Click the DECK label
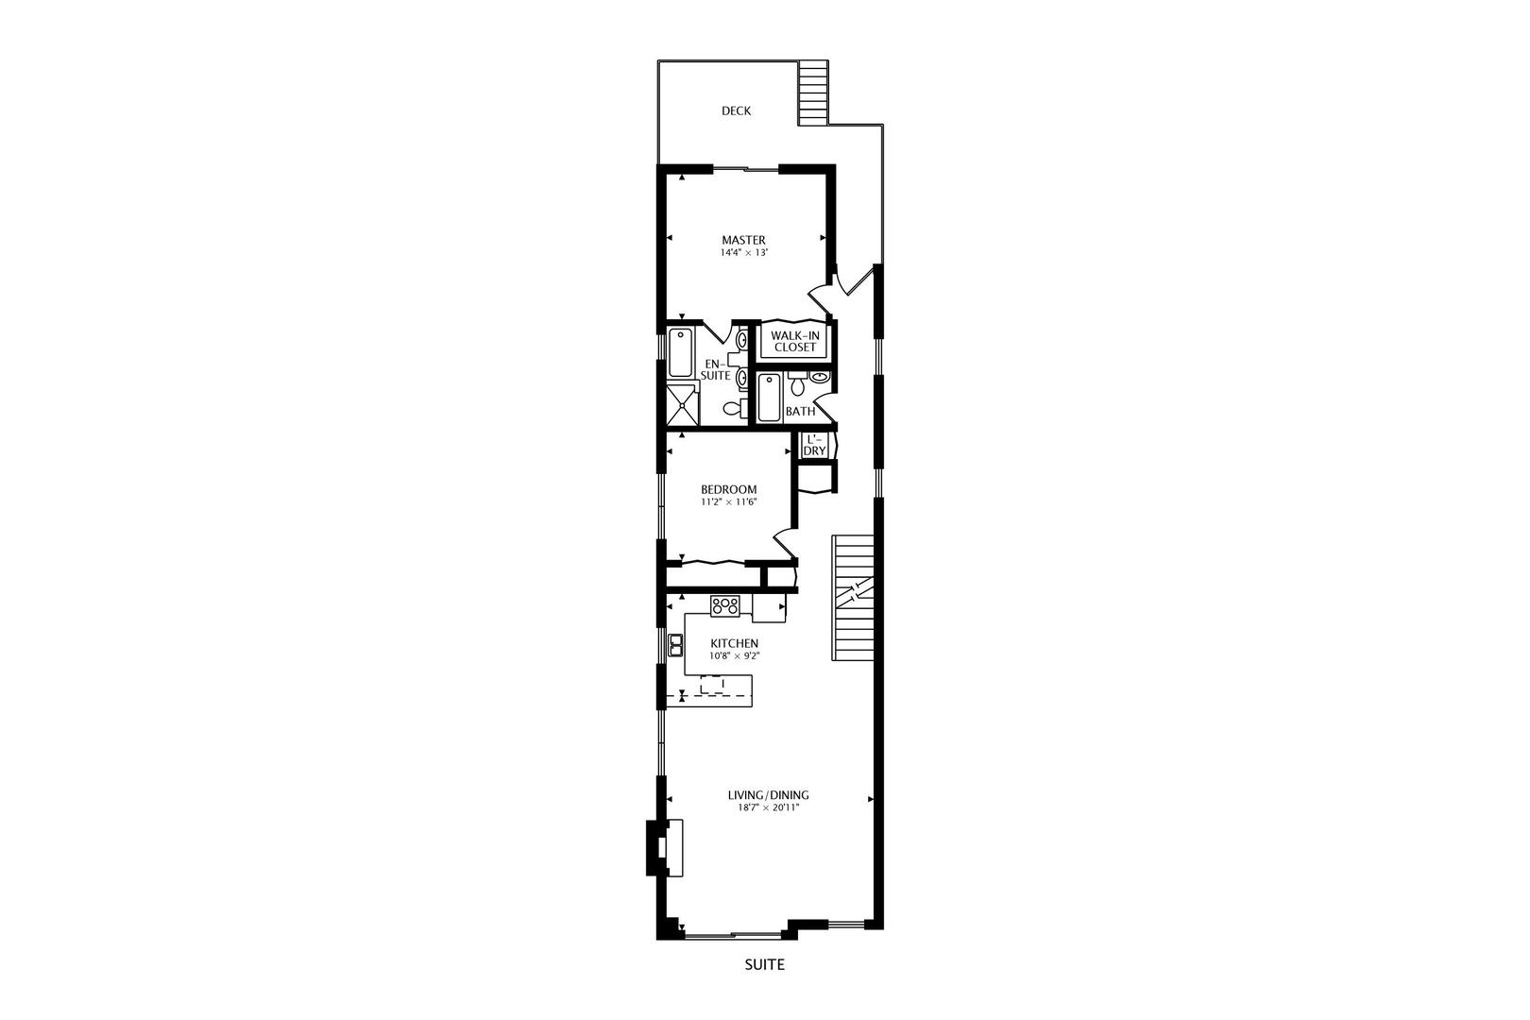point(736,110)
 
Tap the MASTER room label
point(743,240)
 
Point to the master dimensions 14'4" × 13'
point(743,253)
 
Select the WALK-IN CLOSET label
point(794,341)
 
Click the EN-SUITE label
point(715,369)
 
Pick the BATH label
point(800,411)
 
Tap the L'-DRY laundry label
point(814,445)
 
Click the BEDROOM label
point(728,489)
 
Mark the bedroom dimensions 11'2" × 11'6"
point(728,502)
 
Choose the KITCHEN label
point(734,643)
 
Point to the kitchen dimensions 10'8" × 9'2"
point(734,655)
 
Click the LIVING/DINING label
point(768,795)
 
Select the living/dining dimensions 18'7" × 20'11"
point(768,808)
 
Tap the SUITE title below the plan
point(764,965)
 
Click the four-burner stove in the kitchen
point(725,606)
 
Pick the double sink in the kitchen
point(676,646)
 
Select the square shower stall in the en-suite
point(683,405)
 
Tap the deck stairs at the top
point(812,93)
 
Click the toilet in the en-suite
point(731,409)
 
